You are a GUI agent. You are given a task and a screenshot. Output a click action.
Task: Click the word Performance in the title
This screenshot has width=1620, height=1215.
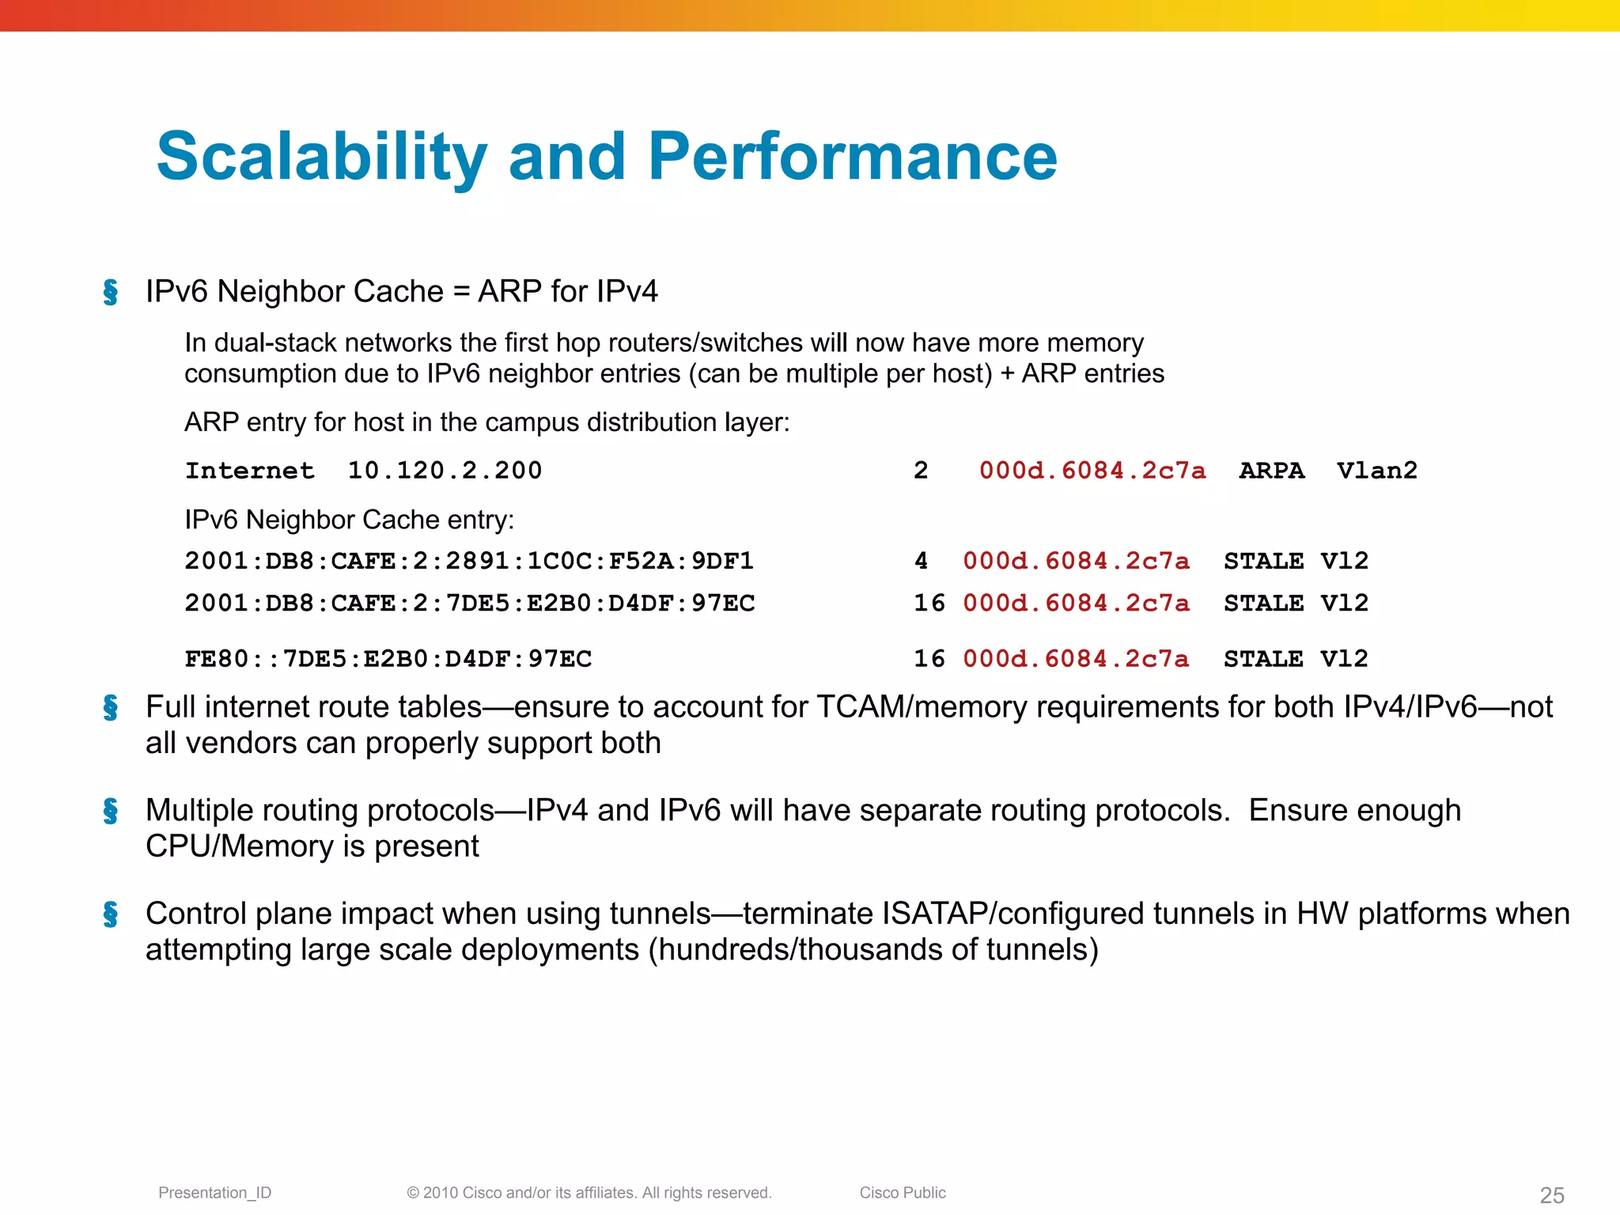852,157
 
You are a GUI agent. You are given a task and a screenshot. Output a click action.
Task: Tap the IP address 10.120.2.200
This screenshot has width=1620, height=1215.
445,471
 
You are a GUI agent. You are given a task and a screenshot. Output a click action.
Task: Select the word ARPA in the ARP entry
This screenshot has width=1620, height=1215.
1271,471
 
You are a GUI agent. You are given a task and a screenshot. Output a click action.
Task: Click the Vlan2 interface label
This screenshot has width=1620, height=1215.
1376,471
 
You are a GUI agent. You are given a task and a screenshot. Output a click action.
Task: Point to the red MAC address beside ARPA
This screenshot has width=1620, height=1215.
1092,471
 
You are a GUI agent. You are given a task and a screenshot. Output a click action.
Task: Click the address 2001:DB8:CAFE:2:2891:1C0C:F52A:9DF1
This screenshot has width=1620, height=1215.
469,561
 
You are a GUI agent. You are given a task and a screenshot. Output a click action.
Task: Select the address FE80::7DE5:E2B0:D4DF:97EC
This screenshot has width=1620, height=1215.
388,659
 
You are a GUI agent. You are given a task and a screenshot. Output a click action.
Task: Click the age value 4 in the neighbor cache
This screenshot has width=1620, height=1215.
921,561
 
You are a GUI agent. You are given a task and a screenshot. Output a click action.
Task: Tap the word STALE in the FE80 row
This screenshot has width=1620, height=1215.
1263,659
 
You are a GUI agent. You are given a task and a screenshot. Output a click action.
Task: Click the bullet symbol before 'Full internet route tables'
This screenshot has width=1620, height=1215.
111,707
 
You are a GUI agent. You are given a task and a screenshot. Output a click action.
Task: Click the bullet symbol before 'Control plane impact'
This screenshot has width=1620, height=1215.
111,914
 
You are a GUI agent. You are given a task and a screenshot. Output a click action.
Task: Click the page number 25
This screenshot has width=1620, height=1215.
1552,1195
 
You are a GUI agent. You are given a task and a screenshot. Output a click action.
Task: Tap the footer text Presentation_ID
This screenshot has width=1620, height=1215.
214,1193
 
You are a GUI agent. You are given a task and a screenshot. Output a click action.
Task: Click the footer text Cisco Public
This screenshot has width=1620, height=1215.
903,1193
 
